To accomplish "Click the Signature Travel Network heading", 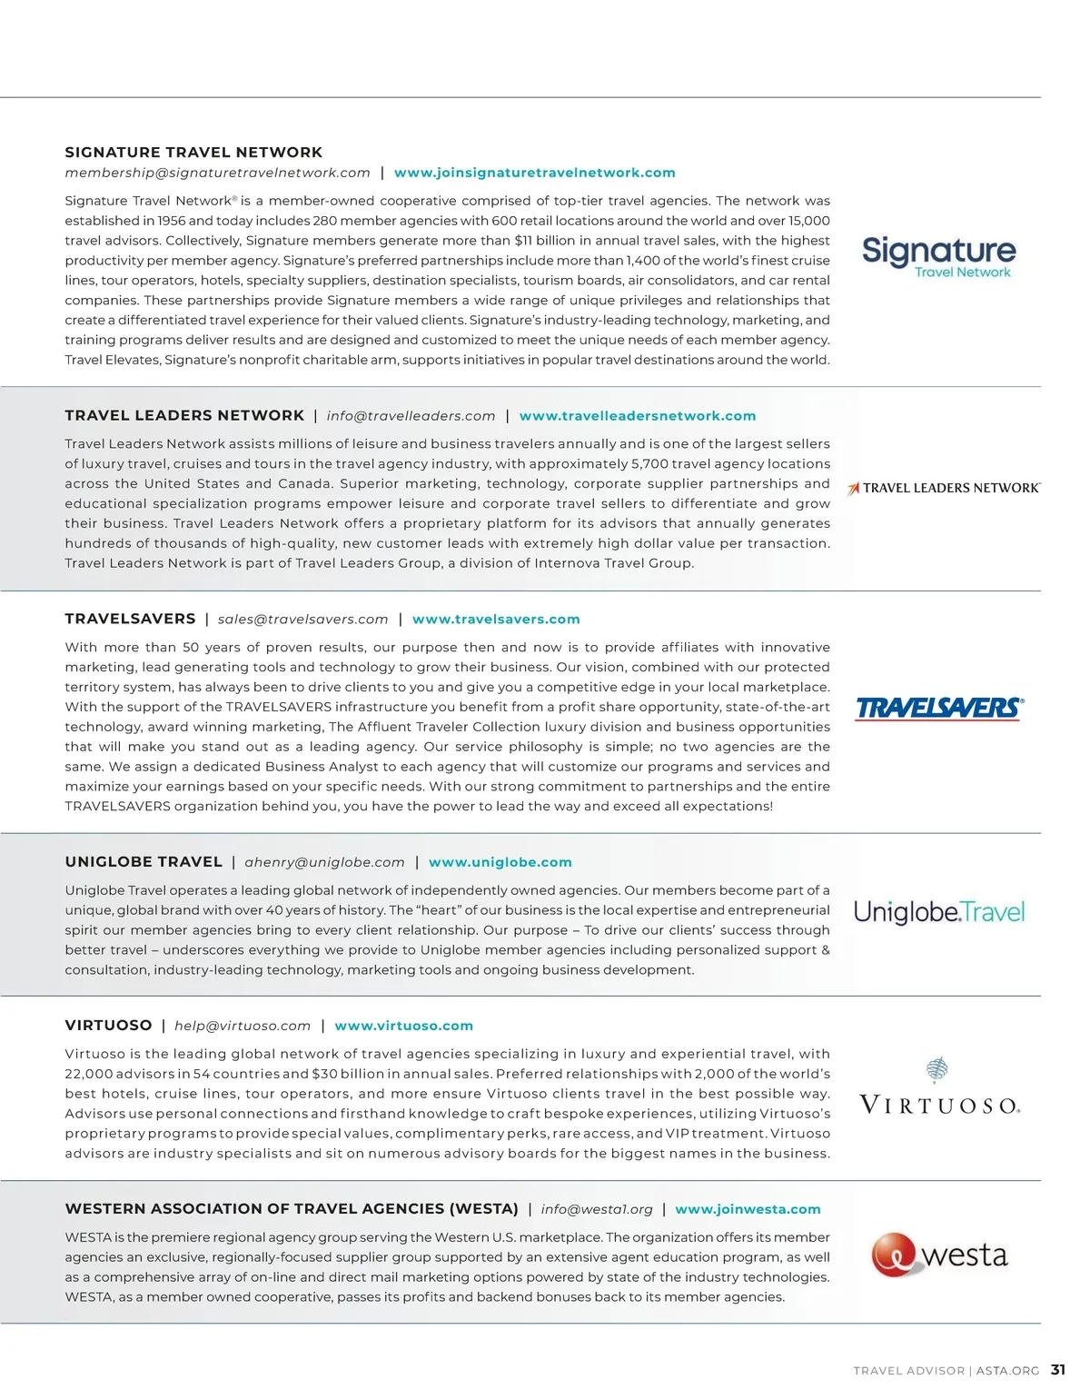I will (193, 153).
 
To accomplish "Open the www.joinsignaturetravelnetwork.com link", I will (534, 173).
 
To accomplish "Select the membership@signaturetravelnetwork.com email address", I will (217, 173).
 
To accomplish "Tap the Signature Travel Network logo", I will (938, 256).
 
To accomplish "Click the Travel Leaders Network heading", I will (184, 415).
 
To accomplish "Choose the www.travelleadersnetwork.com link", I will (637, 416).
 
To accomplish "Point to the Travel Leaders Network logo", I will (944, 488).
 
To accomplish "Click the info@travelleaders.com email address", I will (411, 416).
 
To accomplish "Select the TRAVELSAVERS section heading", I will (130, 619).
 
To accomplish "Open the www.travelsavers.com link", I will (495, 620).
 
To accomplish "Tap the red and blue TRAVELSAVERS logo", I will (939, 708).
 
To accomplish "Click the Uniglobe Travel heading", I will (144, 862).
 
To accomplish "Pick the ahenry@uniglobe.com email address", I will (324, 862).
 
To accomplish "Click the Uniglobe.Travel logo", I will (938, 911).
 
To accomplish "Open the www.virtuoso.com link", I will (403, 1026).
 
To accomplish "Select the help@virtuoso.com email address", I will (243, 1026).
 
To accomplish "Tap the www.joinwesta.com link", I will (748, 1209).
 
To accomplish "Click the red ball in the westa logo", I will (893, 1255).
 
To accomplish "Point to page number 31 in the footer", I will (1058, 1370).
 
